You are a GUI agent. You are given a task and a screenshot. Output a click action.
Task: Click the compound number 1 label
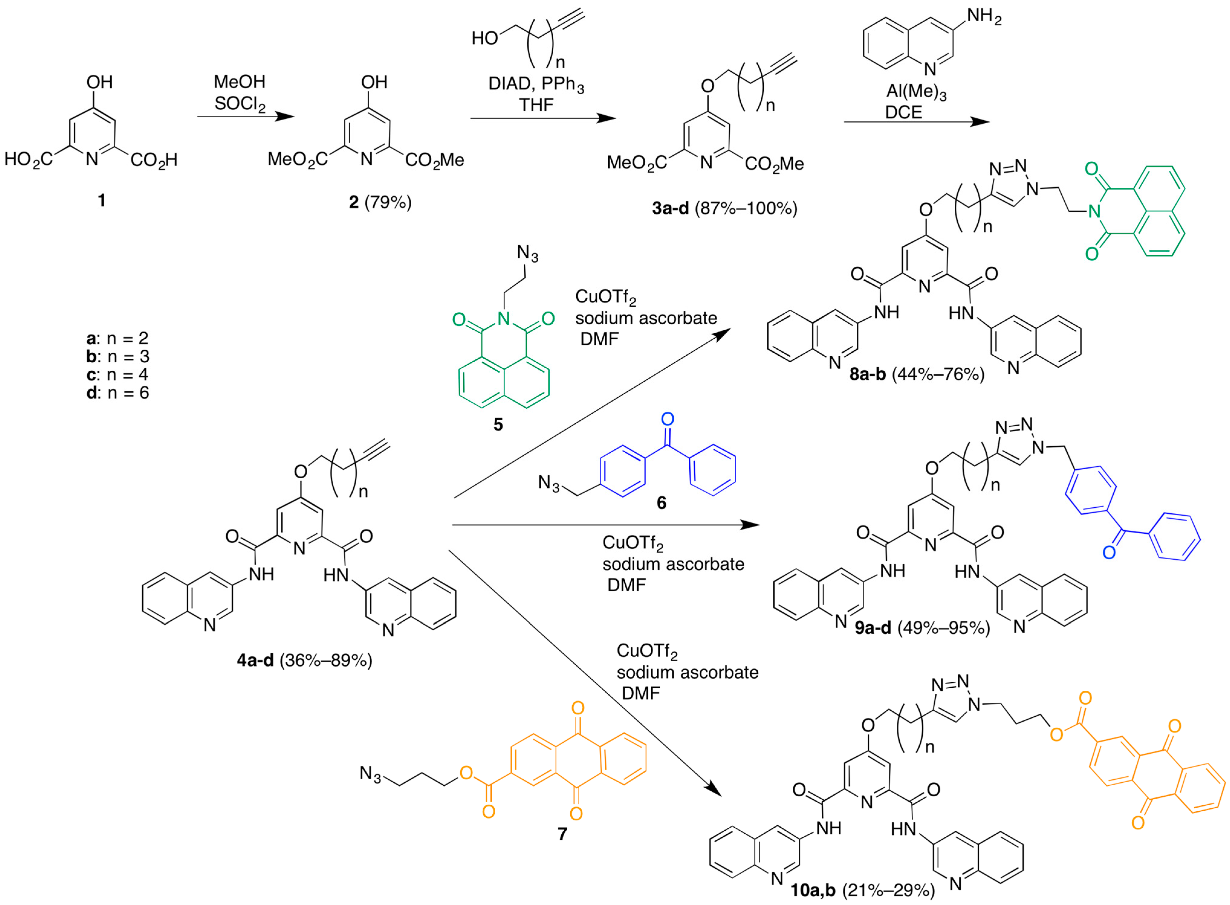pyautogui.click(x=101, y=201)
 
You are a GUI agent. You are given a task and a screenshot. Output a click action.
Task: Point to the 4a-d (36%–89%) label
pyautogui.click(x=304, y=660)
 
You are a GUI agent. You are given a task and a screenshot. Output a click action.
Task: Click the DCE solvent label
pyautogui.click(x=904, y=112)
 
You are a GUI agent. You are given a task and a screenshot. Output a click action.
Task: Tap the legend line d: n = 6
pyautogui.click(x=118, y=392)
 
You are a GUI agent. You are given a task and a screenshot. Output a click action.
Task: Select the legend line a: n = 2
pyautogui.click(x=118, y=338)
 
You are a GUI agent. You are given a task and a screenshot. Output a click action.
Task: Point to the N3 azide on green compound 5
pyautogui.click(x=528, y=253)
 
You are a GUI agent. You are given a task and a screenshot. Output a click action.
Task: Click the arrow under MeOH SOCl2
pyautogui.click(x=245, y=116)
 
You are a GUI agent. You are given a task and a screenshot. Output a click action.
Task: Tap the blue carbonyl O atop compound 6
pyautogui.click(x=667, y=419)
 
